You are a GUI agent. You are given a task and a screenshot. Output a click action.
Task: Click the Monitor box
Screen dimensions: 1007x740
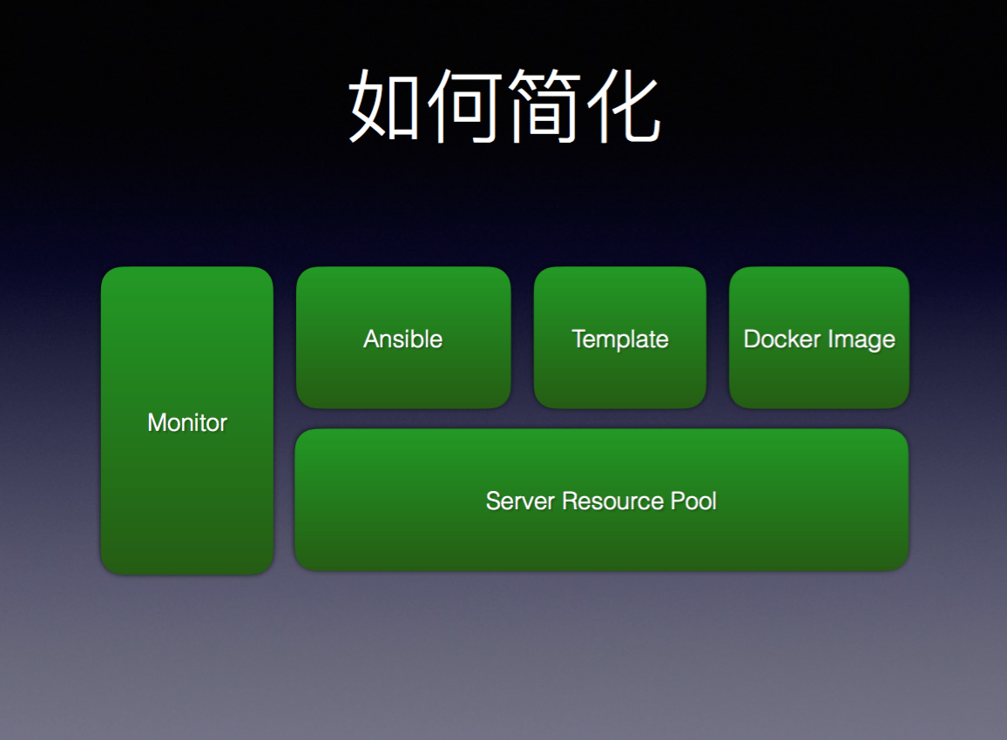[187, 420]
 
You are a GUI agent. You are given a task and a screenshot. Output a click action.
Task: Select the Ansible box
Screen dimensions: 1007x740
[403, 338]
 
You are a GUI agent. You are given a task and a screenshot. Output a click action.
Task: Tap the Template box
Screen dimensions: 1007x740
[619, 338]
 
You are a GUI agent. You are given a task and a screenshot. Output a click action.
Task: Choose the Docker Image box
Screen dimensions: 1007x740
[819, 338]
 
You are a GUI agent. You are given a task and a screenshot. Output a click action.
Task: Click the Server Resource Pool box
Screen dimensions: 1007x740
[601, 500]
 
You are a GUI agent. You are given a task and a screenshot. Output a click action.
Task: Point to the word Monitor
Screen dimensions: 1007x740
[187, 422]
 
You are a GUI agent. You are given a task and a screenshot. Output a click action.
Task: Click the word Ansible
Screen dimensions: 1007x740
[403, 339]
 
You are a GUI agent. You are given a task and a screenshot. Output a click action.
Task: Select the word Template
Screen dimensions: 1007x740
[620, 340]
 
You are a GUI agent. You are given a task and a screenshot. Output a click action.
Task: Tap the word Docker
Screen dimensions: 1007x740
[782, 339]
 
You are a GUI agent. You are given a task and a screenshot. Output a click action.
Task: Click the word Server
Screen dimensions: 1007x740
[521, 501]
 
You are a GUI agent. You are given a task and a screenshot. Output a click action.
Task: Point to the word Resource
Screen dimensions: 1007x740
[612, 501]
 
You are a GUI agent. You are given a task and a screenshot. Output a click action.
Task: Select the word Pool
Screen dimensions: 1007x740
[693, 501]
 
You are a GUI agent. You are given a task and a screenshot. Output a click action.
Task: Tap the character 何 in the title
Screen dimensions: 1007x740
[464, 106]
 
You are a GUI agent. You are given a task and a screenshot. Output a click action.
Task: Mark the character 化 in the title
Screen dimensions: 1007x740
[623, 106]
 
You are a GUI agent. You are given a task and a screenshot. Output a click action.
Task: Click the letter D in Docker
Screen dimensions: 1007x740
[752, 339]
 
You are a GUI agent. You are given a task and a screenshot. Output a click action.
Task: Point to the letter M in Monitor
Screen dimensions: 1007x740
[158, 423]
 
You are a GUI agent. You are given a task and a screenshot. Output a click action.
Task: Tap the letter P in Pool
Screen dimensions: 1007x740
[679, 501]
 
